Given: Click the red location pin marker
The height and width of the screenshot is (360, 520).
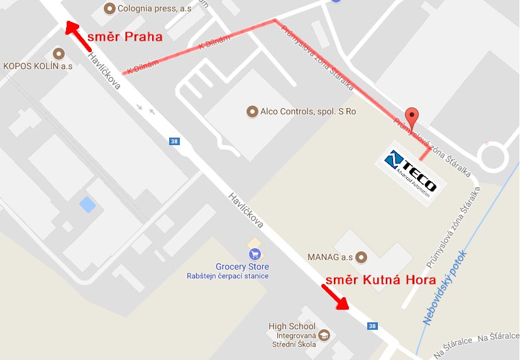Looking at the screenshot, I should [x=411, y=116].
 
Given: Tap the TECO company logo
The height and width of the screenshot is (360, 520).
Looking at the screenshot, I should [x=411, y=172].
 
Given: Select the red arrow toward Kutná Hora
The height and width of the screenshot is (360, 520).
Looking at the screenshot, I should [x=336, y=297].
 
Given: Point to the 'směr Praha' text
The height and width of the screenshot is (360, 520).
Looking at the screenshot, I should [x=124, y=36].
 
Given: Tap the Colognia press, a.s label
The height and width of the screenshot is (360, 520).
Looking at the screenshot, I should [x=150, y=8].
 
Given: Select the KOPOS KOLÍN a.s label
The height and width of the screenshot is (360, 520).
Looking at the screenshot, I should [x=38, y=65].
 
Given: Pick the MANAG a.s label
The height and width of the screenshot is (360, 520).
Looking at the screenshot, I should [x=330, y=256].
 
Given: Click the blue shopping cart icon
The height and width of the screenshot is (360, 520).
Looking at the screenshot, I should [x=255, y=254].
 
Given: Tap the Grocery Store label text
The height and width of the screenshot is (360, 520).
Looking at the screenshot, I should [x=224, y=267].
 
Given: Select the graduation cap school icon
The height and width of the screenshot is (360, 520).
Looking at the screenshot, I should [x=324, y=335].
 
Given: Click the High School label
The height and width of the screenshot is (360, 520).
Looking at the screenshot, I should [x=292, y=326].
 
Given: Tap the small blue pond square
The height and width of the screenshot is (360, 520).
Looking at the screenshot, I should [x=87, y=204].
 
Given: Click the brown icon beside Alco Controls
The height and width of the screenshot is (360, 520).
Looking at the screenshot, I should [x=252, y=112].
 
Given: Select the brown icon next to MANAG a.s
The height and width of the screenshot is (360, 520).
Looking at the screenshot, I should [x=361, y=256].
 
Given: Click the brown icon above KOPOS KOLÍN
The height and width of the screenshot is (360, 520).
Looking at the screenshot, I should [x=59, y=53].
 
